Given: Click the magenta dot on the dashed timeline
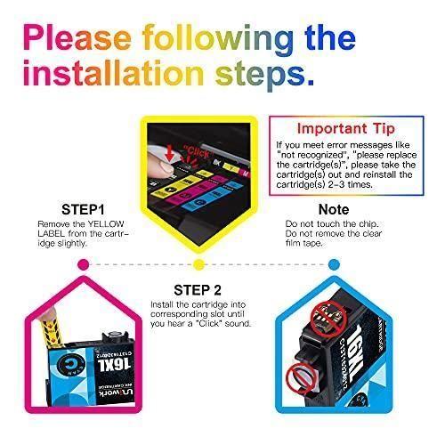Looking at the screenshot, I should click(x=83, y=263).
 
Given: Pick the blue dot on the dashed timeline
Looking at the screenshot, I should click(x=330, y=263).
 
